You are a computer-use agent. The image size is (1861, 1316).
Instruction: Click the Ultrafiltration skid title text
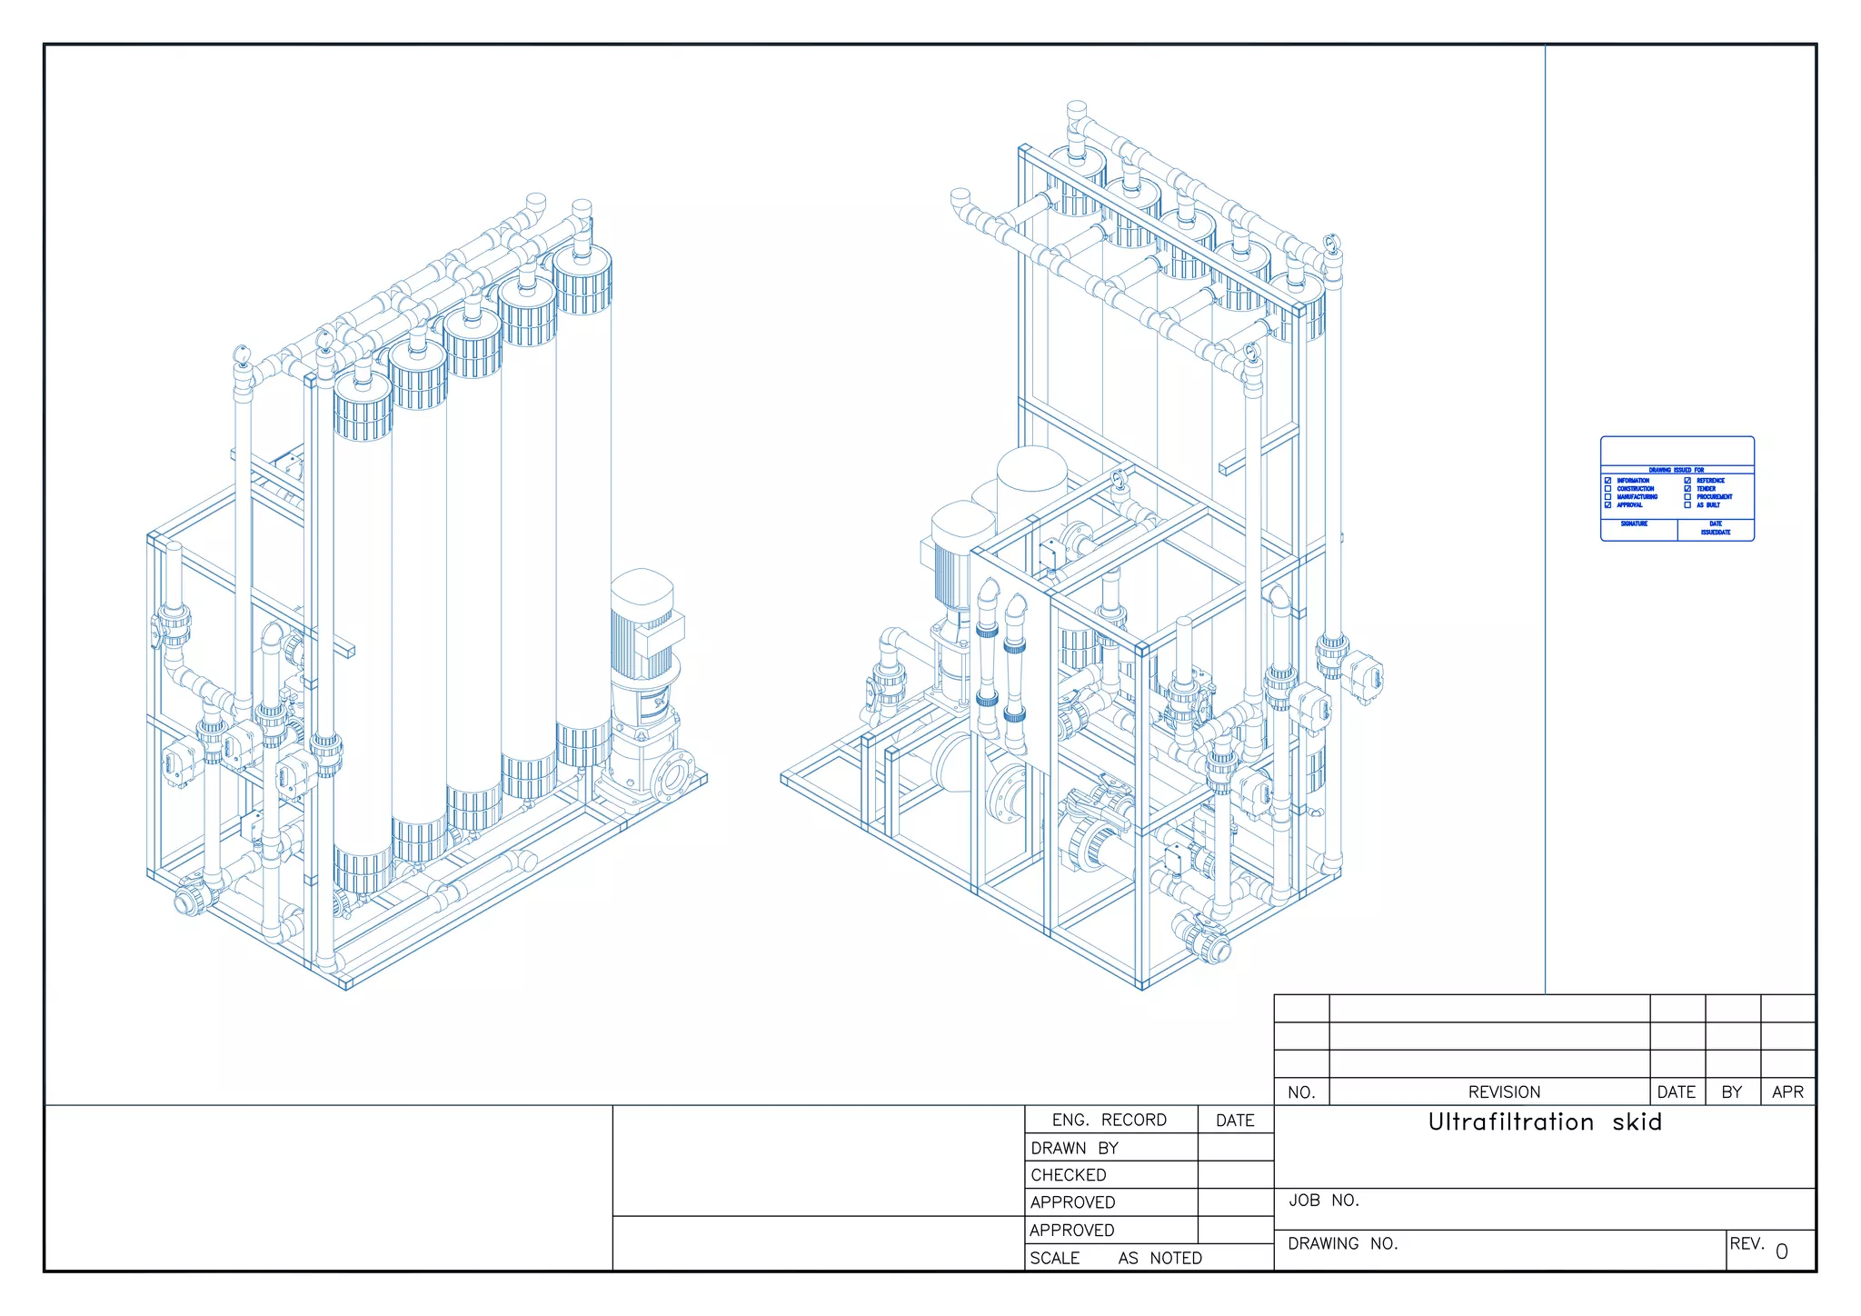coord(1545,1122)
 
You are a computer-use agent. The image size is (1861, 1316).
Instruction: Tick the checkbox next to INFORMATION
coord(1607,481)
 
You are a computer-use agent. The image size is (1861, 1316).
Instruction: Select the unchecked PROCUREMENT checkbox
coord(1687,497)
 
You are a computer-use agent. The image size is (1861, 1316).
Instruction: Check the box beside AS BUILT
coord(1687,505)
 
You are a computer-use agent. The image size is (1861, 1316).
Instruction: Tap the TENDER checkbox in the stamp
coord(1687,489)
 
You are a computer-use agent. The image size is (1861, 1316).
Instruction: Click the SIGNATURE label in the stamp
coord(1634,524)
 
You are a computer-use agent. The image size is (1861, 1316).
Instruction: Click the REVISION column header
coord(1504,1092)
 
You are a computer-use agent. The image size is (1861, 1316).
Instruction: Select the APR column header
coord(1787,1092)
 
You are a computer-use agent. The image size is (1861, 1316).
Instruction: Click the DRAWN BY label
coord(1074,1149)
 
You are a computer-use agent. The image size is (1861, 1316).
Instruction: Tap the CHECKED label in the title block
coord(1069,1176)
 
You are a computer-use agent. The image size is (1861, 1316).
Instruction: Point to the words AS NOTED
coord(1159,1259)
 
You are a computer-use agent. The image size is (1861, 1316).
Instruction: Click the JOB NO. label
coord(1323,1201)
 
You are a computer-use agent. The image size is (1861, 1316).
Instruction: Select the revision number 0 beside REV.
coord(1781,1252)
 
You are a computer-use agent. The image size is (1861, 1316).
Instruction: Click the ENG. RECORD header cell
coord(1109,1121)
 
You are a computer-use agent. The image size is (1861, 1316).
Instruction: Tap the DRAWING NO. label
coord(1342,1244)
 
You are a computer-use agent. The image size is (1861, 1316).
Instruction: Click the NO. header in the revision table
coord(1301,1092)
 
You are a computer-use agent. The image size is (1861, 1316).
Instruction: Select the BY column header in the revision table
coord(1732,1092)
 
